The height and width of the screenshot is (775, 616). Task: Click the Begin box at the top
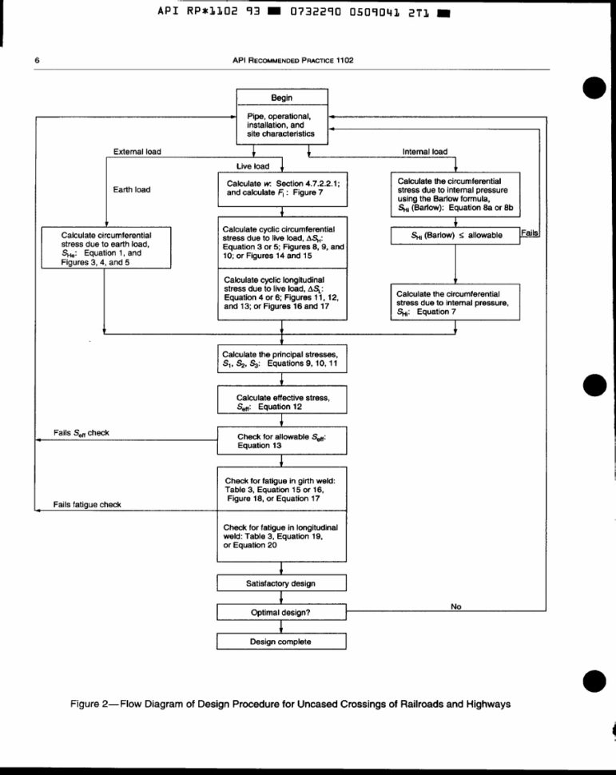click(281, 97)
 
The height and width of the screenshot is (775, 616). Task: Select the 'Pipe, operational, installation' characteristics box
click(281, 125)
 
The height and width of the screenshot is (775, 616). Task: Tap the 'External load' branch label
click(137, 152)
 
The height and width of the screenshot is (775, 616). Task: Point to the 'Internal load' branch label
click(424, 152)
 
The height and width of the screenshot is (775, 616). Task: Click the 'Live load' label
click(252, 166)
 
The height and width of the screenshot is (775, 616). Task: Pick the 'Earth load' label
click(132, 189)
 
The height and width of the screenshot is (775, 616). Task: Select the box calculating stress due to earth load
click(105, 248)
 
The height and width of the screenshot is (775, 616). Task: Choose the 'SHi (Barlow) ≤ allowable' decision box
click(455, 236)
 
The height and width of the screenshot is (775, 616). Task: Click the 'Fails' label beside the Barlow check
click(531, 232)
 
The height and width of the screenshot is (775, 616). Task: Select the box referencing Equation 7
click(455, 303)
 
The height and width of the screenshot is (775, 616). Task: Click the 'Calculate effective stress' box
click(281, 402)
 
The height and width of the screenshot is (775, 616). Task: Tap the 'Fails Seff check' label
click(81, 432)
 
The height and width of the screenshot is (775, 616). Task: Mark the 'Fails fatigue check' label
click(86, 505)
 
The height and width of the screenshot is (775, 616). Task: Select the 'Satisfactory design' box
click(281, 583)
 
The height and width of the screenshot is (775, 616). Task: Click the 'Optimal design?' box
click(281, 612)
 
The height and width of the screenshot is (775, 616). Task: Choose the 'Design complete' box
click(281, 641)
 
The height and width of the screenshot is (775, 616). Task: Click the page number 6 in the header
click(38, 61)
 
